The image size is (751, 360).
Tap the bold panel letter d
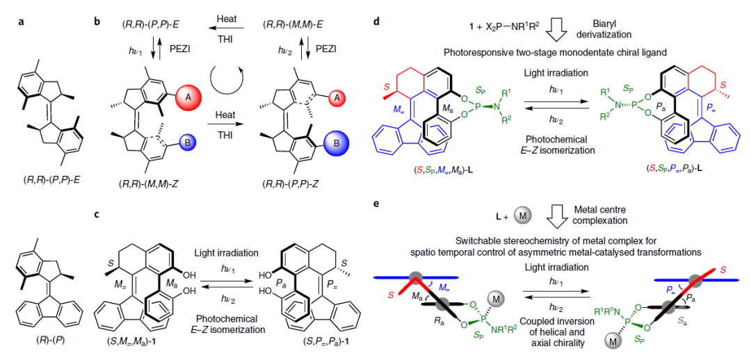click(376, 21)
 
